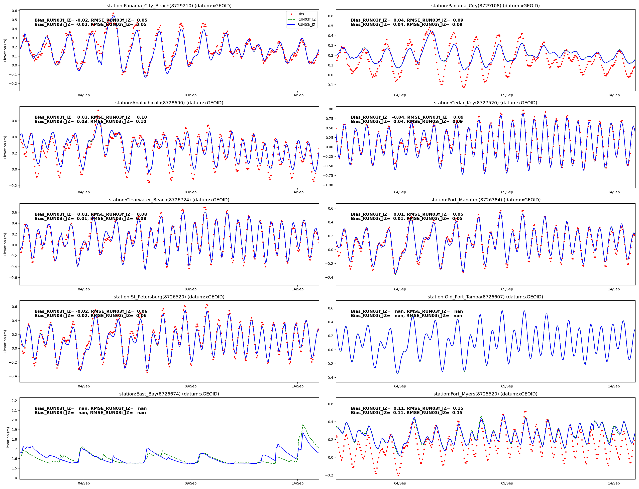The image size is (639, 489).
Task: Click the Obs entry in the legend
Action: [x=300, y=14]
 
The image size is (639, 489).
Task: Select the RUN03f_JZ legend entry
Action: [x=306, y=20]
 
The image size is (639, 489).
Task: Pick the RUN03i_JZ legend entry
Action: [x=306, y=25]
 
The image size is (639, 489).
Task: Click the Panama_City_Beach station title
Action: [x=169, y=6]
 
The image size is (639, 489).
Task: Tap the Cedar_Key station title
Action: [x=485, y=103]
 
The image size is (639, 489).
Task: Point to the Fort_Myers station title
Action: [x=485, y=394]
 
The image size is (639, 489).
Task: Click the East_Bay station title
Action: [x=169, y=394]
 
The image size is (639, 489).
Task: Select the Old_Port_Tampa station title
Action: [x=485, y=297]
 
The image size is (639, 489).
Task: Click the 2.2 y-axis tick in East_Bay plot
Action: [x=14, y=401]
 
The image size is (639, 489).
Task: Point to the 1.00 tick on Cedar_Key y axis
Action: [x=329, y=109]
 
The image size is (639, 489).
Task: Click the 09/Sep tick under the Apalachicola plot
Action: [x=190, y=192]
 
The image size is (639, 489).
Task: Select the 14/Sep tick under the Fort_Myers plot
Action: [x=614, y=483]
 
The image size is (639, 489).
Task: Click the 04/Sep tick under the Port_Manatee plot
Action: [x=400, y=289]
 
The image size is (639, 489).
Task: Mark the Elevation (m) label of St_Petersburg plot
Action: [x=5, y=342]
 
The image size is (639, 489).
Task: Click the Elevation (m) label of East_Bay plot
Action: [x=8, y=438]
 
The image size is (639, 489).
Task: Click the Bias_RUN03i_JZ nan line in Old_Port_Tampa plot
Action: [x=406, y=315]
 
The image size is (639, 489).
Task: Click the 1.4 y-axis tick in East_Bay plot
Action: [x=14, y=478]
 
